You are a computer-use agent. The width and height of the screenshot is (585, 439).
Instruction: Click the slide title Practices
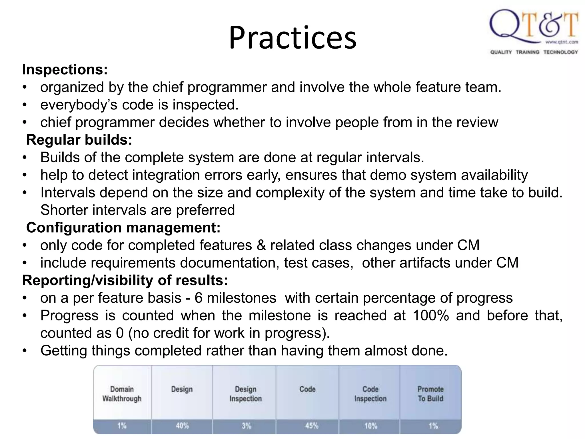coord(292,38)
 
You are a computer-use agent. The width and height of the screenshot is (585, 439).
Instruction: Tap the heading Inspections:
coord(65,69)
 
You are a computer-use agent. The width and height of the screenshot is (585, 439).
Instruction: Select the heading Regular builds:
coord(79,140)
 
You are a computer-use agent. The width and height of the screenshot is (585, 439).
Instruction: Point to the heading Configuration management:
coord(123,228)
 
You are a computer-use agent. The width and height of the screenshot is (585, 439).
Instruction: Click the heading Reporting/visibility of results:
coord(125,280)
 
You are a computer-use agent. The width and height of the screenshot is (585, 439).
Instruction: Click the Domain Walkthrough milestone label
coord(122,394)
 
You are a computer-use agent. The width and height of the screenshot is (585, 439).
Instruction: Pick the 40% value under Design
coord(182,426)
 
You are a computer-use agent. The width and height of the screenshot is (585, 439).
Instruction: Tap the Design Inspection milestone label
coord(245,394)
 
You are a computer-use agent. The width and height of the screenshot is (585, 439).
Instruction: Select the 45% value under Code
coord(311,426)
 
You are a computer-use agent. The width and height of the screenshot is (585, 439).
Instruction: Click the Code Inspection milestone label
coord(370,394)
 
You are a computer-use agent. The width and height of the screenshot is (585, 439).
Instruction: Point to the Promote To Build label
coord(430,394)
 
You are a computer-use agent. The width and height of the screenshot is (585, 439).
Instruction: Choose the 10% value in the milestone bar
coord(370,426)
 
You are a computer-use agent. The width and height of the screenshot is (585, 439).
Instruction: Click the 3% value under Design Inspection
coord(246,426)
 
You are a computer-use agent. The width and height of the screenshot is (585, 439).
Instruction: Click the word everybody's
coord(79,105)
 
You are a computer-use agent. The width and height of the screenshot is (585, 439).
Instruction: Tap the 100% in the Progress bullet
coord(430,316)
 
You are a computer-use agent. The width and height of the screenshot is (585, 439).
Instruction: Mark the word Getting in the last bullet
coord(63,351)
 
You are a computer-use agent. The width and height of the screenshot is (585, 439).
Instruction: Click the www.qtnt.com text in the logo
coord(562,42)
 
